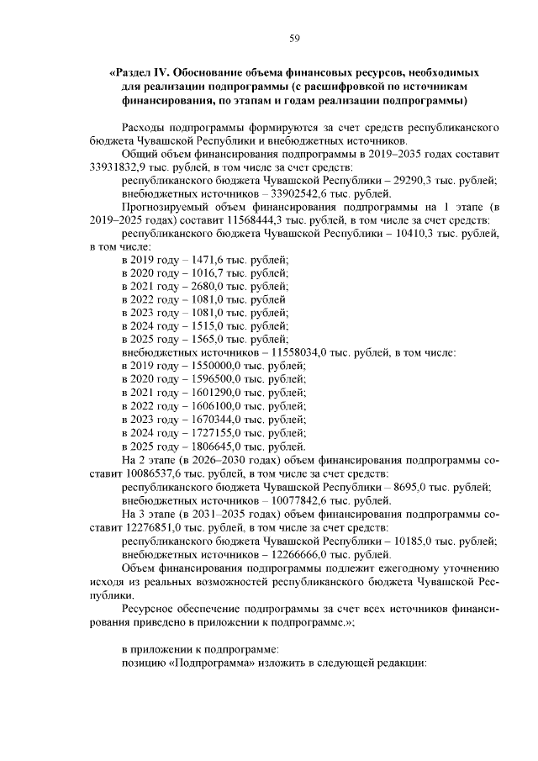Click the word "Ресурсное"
click(x=150, y=606)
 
